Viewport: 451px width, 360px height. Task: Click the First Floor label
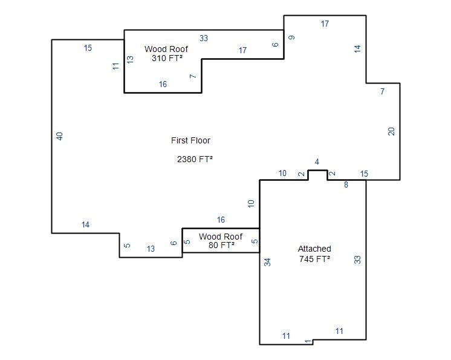190,140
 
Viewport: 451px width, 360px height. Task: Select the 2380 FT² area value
195,159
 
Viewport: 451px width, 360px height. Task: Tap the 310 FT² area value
167,58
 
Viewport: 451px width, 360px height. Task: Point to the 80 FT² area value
221,245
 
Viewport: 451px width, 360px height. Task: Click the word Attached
314,249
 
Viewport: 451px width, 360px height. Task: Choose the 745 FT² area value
314,259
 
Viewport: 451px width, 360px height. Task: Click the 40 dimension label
59,136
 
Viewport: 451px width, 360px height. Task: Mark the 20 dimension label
391,131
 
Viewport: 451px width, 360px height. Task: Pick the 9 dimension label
291,38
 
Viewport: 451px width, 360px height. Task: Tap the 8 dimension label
346,185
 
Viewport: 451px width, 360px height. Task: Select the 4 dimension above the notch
317,162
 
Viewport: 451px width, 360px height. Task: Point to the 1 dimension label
308,342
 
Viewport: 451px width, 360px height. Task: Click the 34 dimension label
267,262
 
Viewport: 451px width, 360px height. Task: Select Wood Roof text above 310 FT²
166,49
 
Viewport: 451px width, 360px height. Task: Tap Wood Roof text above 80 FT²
221,237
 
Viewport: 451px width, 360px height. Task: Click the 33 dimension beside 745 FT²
357,260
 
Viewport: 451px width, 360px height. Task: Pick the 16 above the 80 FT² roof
221,220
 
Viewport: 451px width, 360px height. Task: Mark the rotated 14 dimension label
357,48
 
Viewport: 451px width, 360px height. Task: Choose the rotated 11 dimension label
115,66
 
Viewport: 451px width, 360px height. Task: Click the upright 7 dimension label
382,91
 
